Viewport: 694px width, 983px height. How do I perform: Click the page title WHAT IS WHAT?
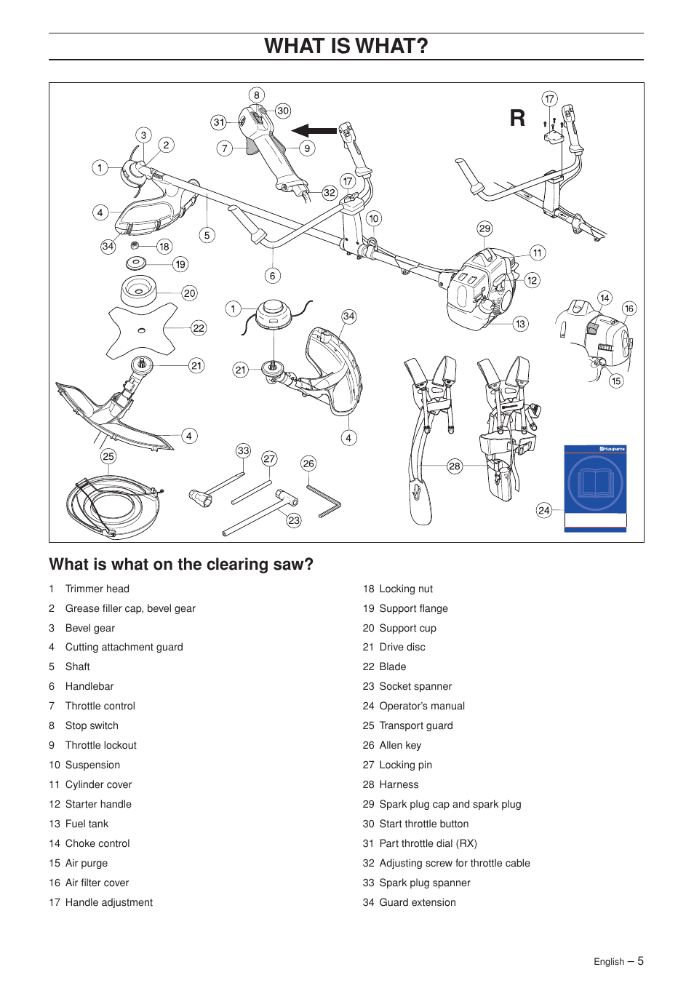(x=346, y=46)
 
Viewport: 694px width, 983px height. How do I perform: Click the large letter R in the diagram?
(x=517, y=118)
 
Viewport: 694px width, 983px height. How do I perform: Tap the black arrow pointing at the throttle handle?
(x=314, y=131)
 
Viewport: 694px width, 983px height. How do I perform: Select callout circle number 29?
(x=484, y=228)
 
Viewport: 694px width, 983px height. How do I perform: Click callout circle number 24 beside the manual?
(x=544, y=510)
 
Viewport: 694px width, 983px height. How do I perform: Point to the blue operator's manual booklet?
(x=595, y=487)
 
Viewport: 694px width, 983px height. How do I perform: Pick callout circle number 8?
(x=256, y=95)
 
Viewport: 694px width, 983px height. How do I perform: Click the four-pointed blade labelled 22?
(x=143, y=330)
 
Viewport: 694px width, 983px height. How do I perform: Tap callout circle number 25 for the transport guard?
(x=108, y=456)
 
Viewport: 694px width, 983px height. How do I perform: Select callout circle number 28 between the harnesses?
(x=455, y=466)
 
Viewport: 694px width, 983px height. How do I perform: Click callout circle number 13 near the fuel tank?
(x=520, y=324)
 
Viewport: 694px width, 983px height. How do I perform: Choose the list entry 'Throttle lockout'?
(x=100, y=745)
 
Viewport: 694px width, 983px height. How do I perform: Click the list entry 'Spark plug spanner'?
(x=424, y=883)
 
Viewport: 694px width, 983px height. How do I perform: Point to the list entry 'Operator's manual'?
(x=421, y=706)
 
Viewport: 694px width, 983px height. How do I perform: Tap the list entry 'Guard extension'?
(x=417, y=902)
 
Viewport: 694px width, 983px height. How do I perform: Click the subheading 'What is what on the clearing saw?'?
(x=181, y=565)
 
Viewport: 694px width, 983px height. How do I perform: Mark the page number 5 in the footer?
(x=640, y=961)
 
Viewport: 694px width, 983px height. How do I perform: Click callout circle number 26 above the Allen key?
(x=308, y=463)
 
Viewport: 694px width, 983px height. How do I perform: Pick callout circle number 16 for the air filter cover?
(x=629, y=309)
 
